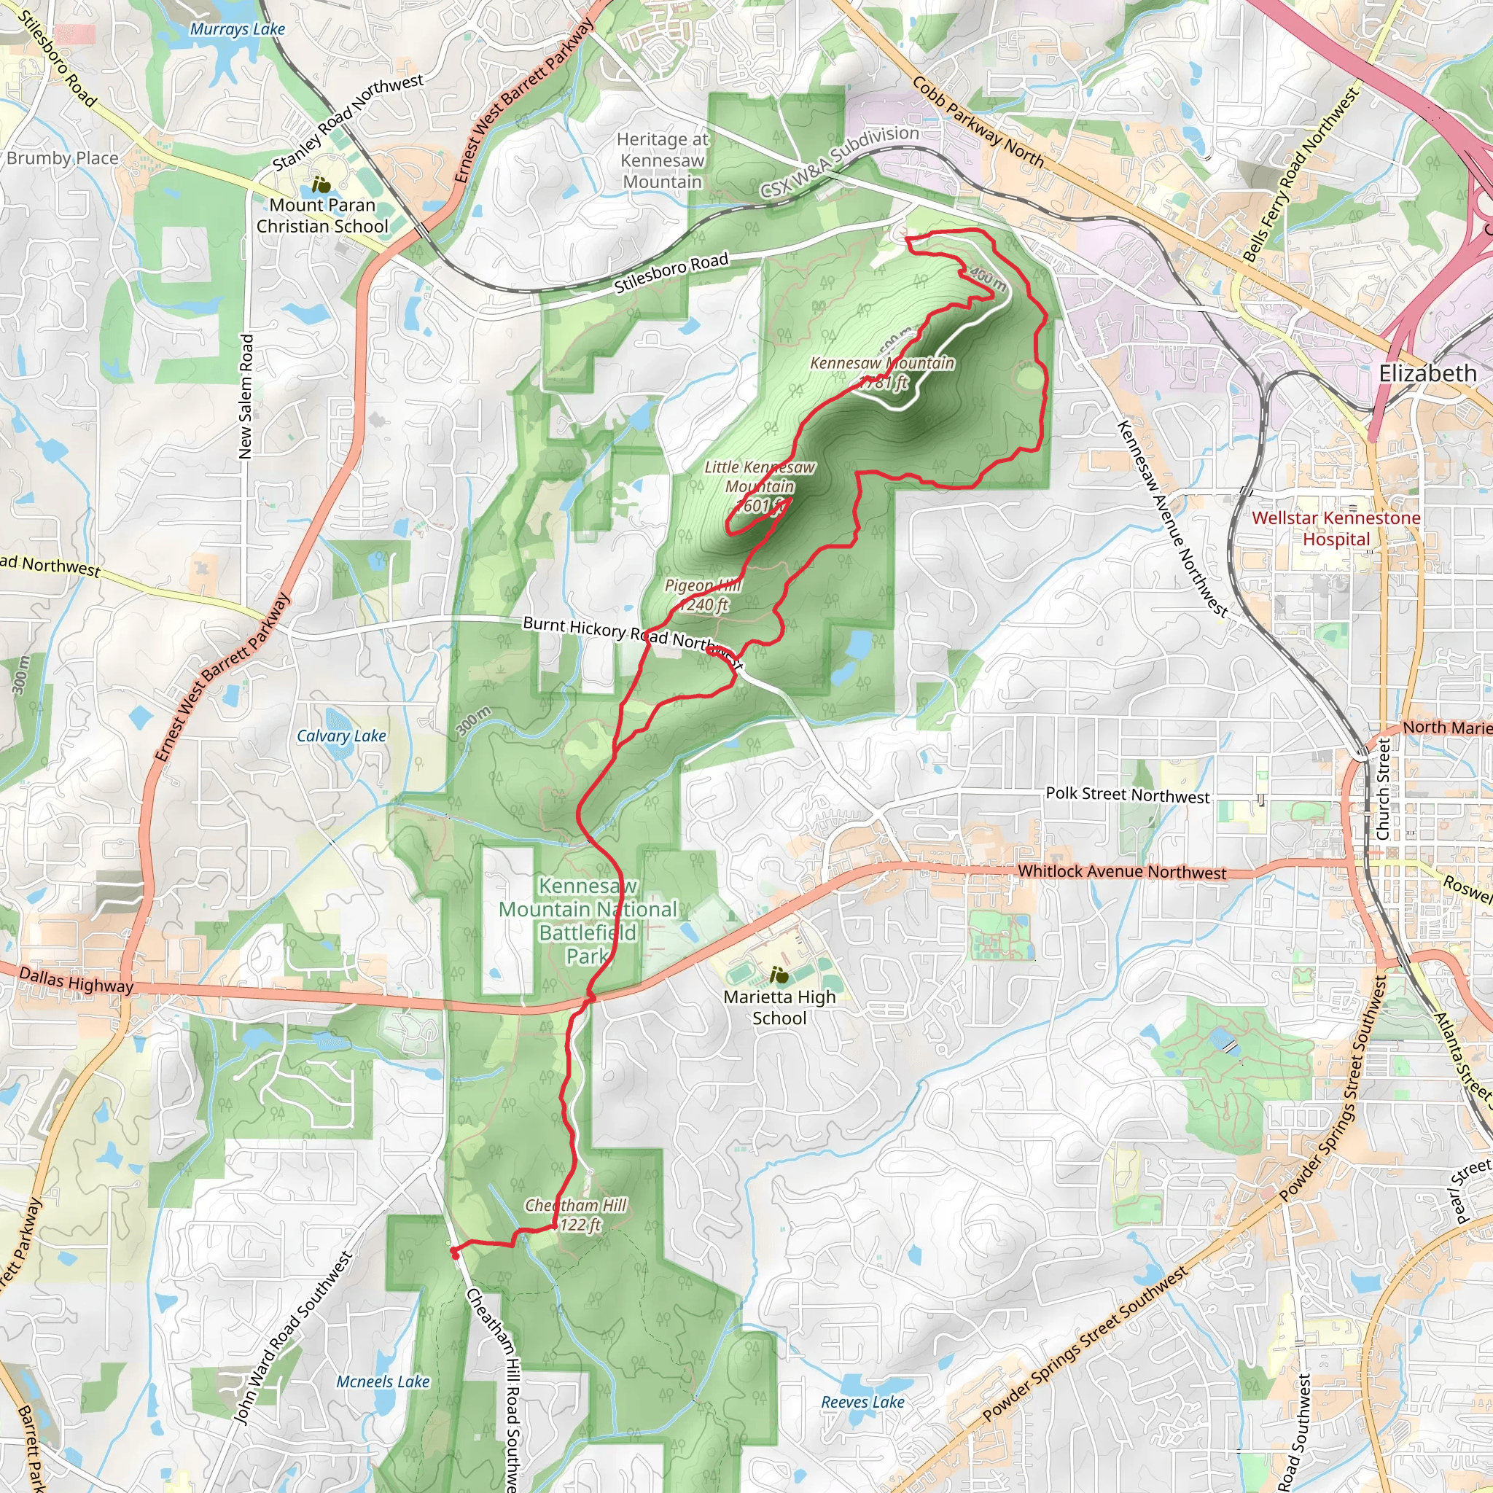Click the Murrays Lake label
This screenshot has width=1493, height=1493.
coord(237,29)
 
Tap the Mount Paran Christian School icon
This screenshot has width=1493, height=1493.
coord(321,185)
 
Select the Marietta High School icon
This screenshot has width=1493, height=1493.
coord(779,975)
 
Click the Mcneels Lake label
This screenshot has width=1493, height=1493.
coord(383,1381)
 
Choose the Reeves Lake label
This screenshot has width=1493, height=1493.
coord(862,1402)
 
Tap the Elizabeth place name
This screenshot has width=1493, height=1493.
coord(1427,374)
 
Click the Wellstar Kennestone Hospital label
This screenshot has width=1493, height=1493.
coord(1336,529)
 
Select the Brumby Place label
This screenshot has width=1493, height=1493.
coord(63,158)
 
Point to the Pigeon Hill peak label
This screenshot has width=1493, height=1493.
coord(703,595)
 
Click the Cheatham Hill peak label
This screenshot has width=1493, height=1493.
coord(577,1215)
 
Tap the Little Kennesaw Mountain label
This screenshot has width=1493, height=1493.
coord(760,486)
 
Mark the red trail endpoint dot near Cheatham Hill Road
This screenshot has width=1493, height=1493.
coord(454,1254)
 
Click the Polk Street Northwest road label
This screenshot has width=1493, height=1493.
coord(1128,795)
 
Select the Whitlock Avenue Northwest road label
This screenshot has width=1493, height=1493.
coord(1121,872)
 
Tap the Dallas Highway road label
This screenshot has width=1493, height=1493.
coord(76,980)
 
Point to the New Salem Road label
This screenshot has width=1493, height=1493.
coord(246,397)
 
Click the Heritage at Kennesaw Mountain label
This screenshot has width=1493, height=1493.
coord(662,160)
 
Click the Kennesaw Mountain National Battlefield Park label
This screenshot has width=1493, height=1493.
coord(588,921)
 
